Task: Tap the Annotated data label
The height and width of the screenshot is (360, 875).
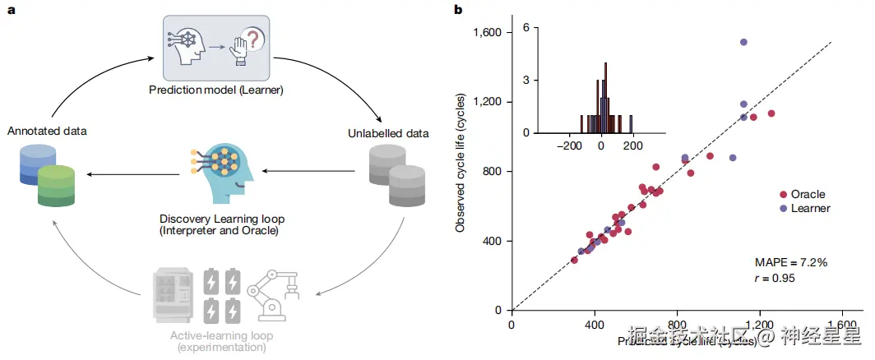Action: coord(47,131)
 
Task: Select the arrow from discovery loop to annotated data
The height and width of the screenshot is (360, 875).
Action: coord(132,173)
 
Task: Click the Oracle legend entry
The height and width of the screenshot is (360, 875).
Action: coord(807,195)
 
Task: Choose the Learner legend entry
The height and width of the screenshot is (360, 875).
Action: coord(809,209)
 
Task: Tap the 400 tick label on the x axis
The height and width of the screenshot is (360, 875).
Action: coord(595,325)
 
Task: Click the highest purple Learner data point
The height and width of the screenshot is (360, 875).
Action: coord(743,42)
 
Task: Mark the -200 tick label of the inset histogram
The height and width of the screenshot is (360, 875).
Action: coord(568,145)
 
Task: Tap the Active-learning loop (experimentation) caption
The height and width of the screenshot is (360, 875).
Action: coord(221,342)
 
